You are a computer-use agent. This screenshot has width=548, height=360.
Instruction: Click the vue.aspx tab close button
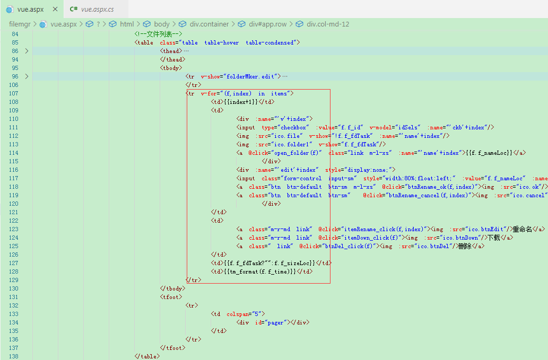55,9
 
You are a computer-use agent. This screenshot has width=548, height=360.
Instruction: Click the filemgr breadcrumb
20,24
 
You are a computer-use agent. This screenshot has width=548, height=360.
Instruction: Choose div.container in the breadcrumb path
209,24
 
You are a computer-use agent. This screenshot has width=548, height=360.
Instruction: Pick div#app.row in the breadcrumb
268,24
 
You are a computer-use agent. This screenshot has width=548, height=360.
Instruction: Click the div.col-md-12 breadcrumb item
328,24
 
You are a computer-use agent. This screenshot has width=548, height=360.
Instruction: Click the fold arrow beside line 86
27,51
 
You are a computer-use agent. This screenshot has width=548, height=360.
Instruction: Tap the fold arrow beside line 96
27,76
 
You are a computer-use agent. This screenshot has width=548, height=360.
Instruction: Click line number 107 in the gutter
14,94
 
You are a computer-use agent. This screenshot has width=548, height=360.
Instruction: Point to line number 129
14,280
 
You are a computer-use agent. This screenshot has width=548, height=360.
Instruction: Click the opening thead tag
171,51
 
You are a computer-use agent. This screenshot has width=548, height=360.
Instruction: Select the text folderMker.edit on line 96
250,76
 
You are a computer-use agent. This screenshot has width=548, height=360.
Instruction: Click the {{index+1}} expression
240,102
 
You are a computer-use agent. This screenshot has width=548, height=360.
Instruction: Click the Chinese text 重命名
523,230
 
